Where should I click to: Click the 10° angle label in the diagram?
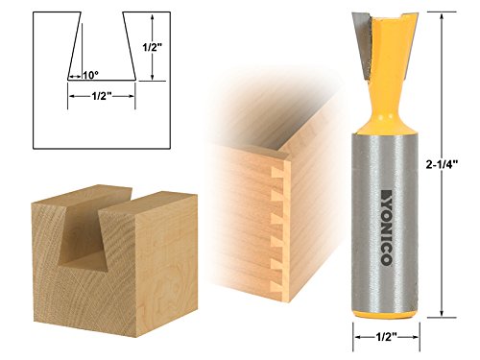(90, 74)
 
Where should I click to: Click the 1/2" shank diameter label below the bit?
(377, 338)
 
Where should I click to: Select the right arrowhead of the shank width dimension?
(405, 338)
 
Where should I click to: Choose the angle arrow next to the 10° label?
(73, 75)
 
